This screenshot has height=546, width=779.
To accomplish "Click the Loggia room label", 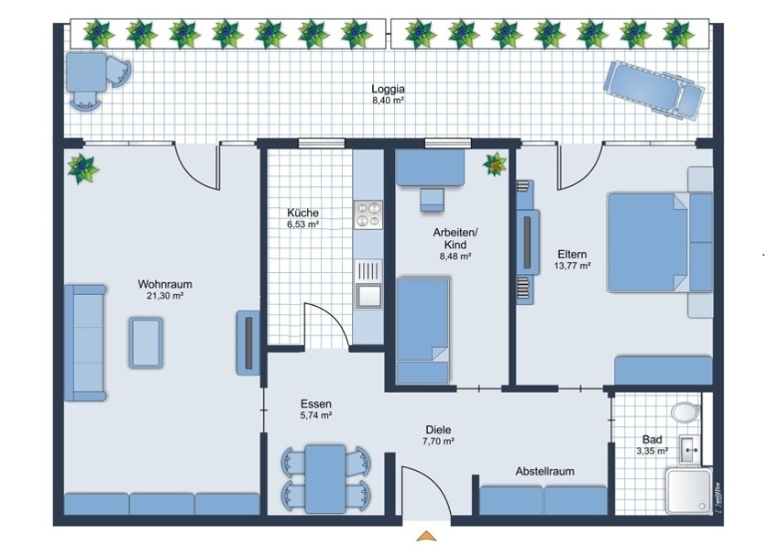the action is coord(388,89).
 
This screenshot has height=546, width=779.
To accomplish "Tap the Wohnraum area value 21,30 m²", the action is coord(165,296).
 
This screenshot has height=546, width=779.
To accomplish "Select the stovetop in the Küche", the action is coord(368,214).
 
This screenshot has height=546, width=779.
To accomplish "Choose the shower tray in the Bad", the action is coord(688,490).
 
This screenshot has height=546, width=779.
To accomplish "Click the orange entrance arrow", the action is coord(426,536).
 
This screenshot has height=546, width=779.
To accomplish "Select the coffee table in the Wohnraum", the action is coord(146,343).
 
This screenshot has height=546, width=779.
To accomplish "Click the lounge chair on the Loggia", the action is coord(653,90).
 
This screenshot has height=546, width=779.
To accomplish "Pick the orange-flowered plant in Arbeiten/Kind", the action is coord(495,165).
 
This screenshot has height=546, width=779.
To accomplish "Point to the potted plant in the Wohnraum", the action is coord(83,169).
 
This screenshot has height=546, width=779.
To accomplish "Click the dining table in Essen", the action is coord(325,479).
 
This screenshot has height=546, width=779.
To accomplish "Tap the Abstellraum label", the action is coord(544,471).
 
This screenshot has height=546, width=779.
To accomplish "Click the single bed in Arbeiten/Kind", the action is coord(422,331).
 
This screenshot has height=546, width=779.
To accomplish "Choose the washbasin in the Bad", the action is coord(689,449).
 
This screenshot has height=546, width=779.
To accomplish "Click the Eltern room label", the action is coord(572,255).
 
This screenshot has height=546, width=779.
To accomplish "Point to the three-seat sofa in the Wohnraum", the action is coord(85,343).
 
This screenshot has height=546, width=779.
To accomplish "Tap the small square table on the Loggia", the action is coord(86,72).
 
